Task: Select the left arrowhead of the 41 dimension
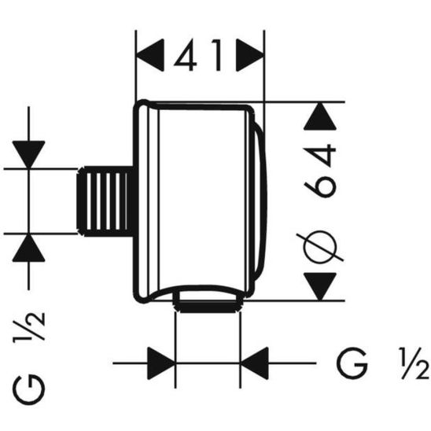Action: point(150,57)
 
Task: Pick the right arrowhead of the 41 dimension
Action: point(250,57)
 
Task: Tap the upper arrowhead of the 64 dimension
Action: point(322,119)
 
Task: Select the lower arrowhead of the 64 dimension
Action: point(322,284)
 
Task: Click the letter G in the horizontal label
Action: point(351,363)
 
